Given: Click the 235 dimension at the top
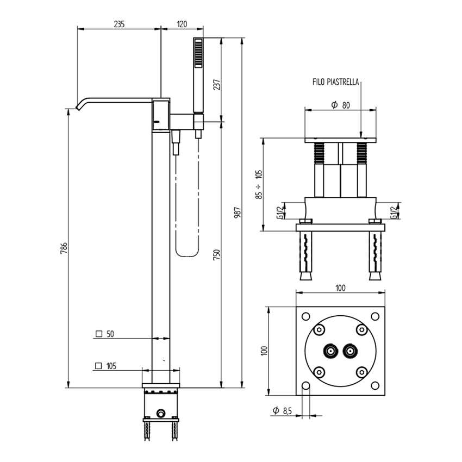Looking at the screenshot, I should [x=119, y=24].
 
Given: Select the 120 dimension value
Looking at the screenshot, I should [x=182, y=24].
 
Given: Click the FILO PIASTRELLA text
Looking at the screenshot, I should [x=335, y=82].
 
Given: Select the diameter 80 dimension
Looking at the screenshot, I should [x=340, y=105].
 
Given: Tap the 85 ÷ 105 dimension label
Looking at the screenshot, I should [x=259, y=184].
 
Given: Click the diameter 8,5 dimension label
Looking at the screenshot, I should [x=283, y=411].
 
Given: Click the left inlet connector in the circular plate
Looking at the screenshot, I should [x=330, y=352].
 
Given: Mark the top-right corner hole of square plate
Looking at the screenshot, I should [x=374, y=316].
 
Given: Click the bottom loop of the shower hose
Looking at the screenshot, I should [x=187, y=253].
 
